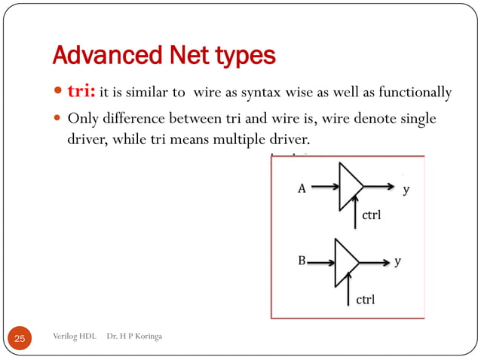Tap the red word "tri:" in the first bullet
point(81,93)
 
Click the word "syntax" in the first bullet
point(279,93)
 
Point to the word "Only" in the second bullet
point(83,120)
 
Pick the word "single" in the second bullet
point(415,120)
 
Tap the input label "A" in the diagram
point(302,189)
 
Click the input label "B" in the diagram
point(301,262)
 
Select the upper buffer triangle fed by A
point(349,187)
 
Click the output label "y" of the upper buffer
point(406,189)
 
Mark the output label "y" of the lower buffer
point(398,262)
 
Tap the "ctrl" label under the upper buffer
point(372,215)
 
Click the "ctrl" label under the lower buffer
point(365,300)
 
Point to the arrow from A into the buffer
point(324,188)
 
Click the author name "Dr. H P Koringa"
point(134,336)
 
